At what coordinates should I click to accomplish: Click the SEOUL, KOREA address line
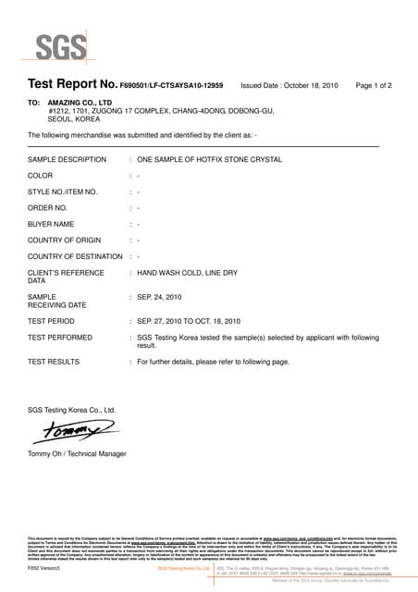click(x=75, y=119)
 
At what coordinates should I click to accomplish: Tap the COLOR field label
click(x=41, y=175)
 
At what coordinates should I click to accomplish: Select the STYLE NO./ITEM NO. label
click(x=63, y=191)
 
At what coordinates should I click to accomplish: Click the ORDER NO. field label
click(x=50, y=207)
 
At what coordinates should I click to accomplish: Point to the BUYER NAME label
click(x=52, y=224)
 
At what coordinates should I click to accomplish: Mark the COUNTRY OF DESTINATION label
click(x=75, y=256)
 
